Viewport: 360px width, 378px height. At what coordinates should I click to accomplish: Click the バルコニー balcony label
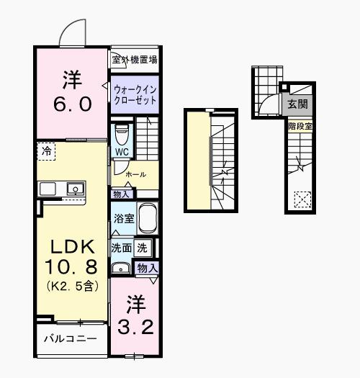[70, 338]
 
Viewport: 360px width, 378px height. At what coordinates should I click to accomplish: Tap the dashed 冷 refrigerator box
[46, 151]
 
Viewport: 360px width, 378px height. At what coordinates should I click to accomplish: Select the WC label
[121, 153]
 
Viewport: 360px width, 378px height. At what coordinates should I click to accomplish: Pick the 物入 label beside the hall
[121, 194]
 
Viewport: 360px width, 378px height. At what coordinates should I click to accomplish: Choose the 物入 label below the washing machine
[147, 268]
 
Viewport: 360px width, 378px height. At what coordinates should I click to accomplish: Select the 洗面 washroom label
[120, 247]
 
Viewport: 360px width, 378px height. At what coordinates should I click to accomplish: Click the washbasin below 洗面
[121, 269]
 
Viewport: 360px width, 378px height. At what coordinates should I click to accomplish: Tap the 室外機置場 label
[135, 59]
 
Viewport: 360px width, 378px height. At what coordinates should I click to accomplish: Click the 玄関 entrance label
[297, 104]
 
